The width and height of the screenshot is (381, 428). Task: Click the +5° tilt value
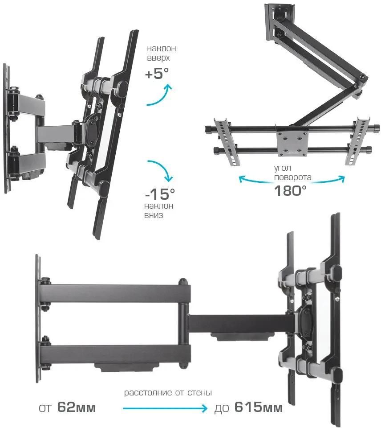pyautogui.click(x=157, y=74)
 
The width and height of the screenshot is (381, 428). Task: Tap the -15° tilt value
pyautogui.click(x=160, y=194)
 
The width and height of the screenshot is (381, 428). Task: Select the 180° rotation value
pyautogui.click(x=290, y=190)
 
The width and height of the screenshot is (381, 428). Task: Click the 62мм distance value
pyautogui.click(x=77, y=407)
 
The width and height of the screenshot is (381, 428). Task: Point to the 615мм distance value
pyautogui.click(x=258, y=407)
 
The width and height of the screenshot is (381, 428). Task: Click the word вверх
pyautogui.click(x=158, y=58)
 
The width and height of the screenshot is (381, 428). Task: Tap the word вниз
pyautogui.click(x=154, y=215)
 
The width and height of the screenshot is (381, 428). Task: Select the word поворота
pyautogui.click(x=292, y=177)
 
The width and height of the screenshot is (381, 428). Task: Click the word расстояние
pyautogui.click(x=148, y=393)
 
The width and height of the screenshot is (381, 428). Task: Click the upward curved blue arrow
pyautogui.click(x=159, y=96)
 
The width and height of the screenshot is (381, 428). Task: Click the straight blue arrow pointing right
pyautogui.click(x=165, y=409)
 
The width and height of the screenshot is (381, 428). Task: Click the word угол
pyautogui.click(x=282, y=168)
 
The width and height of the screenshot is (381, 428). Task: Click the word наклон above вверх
pyautogui.click(x=161, y=49)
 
